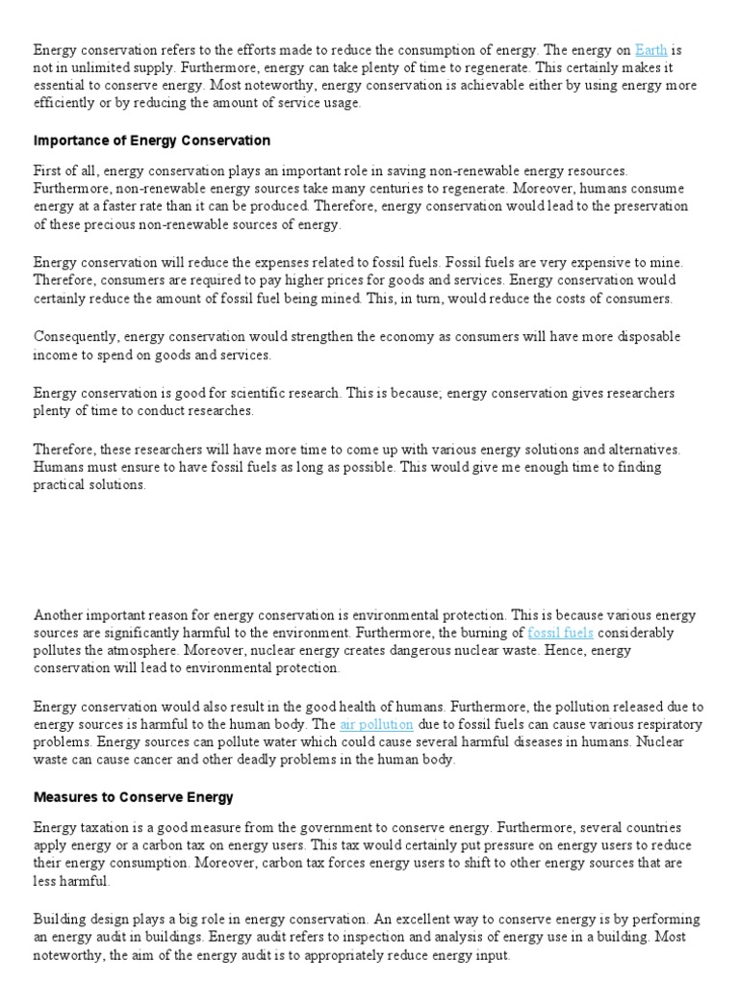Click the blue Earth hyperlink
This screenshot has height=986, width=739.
650,49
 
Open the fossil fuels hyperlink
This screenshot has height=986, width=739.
560,633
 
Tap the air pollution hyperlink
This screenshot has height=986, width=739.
376,723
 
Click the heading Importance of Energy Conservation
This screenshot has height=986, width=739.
152,140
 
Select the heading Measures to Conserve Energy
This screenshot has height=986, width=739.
134,797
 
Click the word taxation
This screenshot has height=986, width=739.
108,827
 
